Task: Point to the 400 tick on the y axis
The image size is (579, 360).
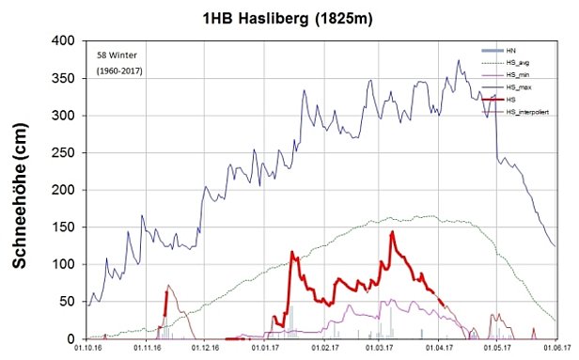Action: coord(69,41)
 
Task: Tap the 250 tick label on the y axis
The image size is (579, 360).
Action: coord(69,153)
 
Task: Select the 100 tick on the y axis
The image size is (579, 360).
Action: coord(69,264)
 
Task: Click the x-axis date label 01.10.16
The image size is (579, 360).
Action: coord(88,349)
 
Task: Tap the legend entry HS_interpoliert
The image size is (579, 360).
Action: coord(529,113)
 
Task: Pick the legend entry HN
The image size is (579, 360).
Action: coord(511,48)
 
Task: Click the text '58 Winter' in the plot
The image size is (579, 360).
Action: coord(117,55)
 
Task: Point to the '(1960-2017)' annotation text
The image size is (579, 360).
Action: coord(120,70)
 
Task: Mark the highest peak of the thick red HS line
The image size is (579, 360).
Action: coord(392,232)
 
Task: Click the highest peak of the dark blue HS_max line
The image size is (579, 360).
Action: coord(459,61)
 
